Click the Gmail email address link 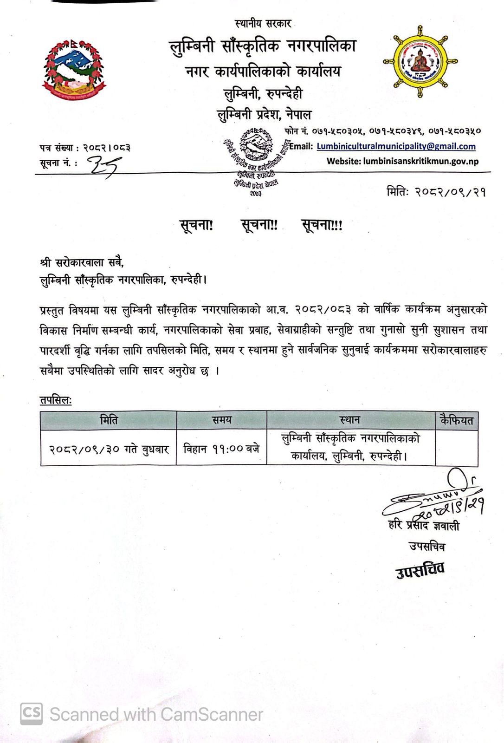tap(396, 146)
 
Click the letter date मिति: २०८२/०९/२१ tap(436, 191)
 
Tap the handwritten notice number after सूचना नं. tap(106, 164)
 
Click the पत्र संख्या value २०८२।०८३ tap(107, 148)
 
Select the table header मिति tap(109, 420)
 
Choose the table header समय tap(221, 420)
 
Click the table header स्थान tap(350, 420)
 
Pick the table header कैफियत tap(456, 421)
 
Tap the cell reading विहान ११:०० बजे tap(221, 449)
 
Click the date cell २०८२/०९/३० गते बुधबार tap(109, 449)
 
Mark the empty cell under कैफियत tap(456, 448)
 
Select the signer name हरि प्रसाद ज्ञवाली tap(424, 526)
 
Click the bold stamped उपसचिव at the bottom tap(420, 570)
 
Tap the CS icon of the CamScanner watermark tap(31, 714)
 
